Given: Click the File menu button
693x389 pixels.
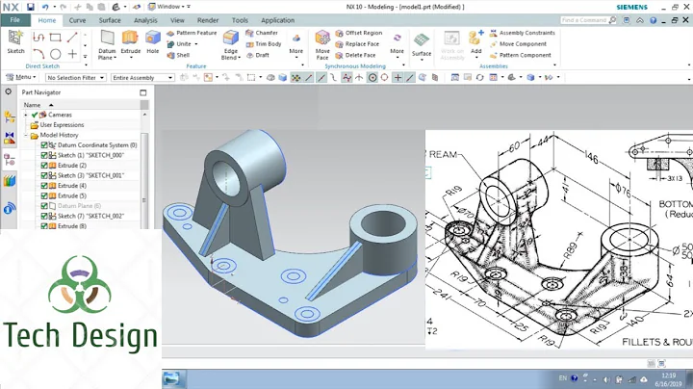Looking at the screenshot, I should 14,19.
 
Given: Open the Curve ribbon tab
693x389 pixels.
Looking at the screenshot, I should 77,19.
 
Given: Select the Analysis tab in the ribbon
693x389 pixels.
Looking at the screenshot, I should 145,19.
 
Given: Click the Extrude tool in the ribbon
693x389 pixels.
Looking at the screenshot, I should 130,43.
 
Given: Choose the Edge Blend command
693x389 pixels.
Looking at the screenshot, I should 231,43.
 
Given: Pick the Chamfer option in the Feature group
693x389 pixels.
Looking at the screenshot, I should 267,32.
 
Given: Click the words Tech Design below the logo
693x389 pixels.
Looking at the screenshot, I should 80,336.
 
